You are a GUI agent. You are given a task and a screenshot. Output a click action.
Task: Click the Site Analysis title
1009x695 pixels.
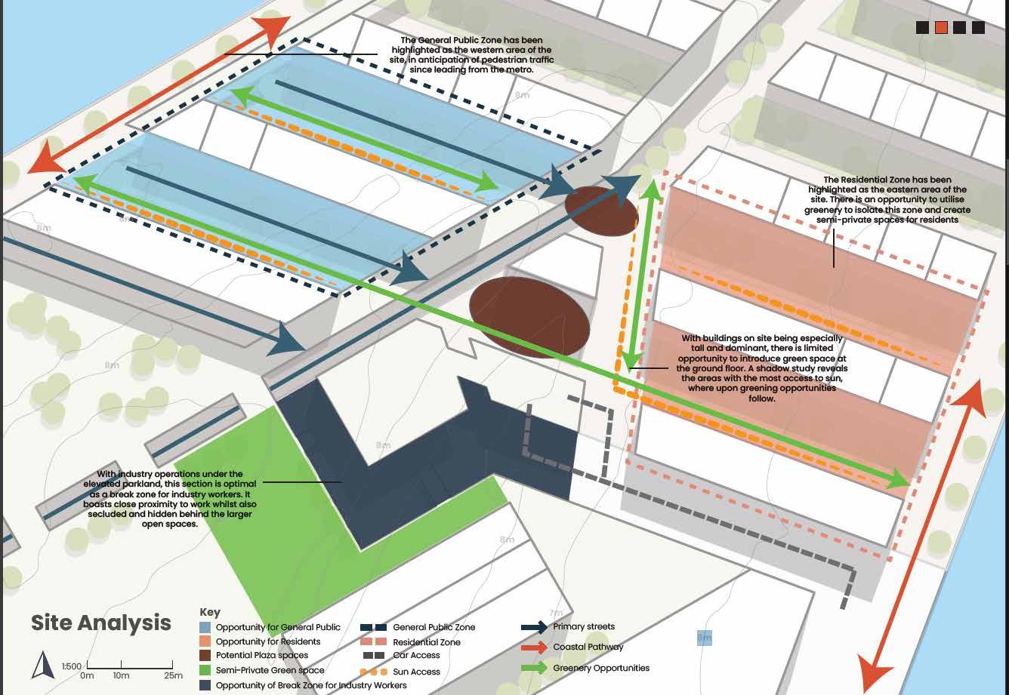(x=101, y=623)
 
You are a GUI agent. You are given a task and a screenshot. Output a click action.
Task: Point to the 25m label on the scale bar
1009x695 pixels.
(x=174, y=675)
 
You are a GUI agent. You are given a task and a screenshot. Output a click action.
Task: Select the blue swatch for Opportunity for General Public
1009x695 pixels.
(x=205, y=627)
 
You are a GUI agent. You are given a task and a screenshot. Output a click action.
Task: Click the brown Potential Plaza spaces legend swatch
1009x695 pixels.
(x=205, y=656)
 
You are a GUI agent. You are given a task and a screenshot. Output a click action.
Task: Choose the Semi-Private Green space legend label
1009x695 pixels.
(x=270, y=670)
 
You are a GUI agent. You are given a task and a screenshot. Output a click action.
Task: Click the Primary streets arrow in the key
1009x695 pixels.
(x=534, y=627)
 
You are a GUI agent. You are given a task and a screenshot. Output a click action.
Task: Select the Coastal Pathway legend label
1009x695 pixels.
(x=588, y=647)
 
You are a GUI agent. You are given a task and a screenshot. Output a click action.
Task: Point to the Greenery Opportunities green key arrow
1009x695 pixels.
(x=534, y=668)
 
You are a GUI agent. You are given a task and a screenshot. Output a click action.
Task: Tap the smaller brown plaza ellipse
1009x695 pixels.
(x=601, y=211)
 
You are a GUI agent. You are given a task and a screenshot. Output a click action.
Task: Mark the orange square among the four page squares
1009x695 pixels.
(x=941, y=28)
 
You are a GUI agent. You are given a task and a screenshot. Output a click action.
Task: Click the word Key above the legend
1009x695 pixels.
(x=210, y=612)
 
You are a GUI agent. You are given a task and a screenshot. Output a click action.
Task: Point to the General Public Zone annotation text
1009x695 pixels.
(x=471, y=55)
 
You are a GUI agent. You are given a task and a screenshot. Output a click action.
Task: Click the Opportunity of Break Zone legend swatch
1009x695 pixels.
(x=205, y=685)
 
